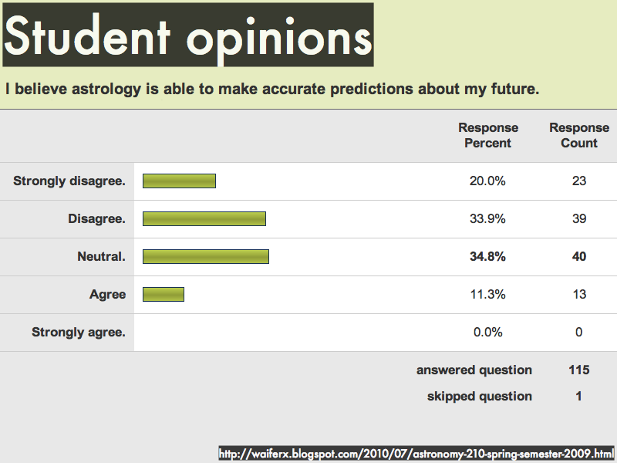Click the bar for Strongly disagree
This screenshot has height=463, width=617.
coord(179,181)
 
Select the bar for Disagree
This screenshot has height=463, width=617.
coord(204,219)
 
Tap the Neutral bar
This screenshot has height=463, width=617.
coord(206,257)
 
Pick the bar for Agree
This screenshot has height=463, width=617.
coord(164,295)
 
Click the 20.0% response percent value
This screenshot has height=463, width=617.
coord(487,181)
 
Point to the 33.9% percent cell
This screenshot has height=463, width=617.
coord(487,218)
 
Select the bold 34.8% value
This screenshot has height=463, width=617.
coord(487,256)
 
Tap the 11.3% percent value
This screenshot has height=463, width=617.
coord(488,294)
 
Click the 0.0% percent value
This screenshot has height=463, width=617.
coord(488,332)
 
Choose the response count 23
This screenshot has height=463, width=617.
coord(579,181)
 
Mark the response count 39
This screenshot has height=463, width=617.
coord(579,218)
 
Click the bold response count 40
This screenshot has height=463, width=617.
coord(579,256)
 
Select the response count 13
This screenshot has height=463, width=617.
coord(579,294)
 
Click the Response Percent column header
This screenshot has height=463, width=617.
coord(488,135)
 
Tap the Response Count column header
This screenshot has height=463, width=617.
coord(579,135)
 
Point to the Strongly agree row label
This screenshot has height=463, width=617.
coord(79,333)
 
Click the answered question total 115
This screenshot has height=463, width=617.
coord(579,370)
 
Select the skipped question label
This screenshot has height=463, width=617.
coord(480,396)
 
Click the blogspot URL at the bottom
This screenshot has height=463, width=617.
coord(416,454)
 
